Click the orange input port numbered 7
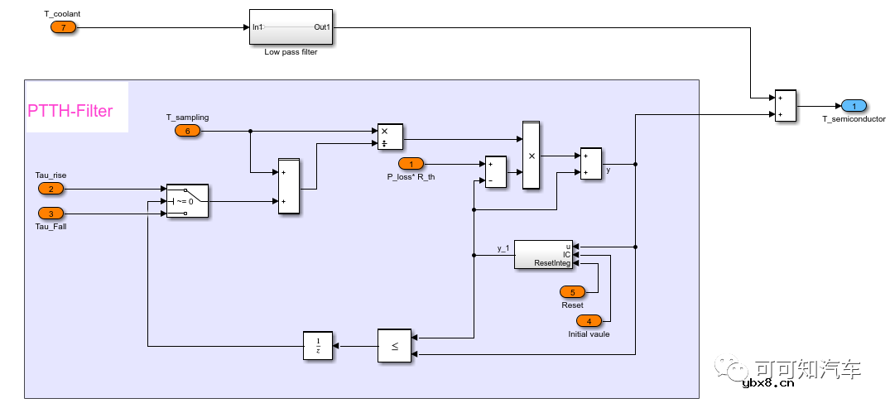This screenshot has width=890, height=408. point(63,27)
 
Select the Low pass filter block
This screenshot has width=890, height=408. point(291,27)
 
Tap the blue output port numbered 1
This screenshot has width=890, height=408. point(854,106)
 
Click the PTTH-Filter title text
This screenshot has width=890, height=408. point(70,111)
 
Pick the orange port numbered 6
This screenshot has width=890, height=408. point(187,131)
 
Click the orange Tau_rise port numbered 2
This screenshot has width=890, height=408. point(51,188)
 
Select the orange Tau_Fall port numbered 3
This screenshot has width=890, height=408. point(51,213)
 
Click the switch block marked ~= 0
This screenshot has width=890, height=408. point(187,200)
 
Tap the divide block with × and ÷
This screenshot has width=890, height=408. point(389,137)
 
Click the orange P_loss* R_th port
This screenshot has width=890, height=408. point(411,163)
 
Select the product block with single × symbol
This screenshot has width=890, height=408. point(531,155)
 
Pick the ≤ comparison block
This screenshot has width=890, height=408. point(394,346)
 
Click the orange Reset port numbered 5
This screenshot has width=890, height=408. point(572,291)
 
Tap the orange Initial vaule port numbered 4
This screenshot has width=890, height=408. point(589,321)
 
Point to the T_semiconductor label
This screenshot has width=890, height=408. point(854,120)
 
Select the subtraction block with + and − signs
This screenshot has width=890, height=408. point(495,171)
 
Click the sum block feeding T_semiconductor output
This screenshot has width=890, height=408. point(785,106)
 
